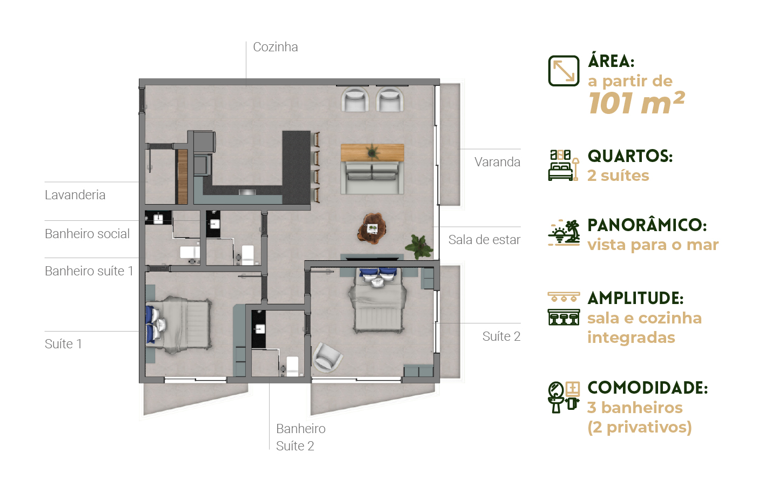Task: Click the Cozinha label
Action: (276, 47)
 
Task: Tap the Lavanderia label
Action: (75, 195)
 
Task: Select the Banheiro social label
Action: (87, 234)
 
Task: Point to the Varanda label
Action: (498, 162)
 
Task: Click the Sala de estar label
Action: (484, 240)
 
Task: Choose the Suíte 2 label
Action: (501, 336)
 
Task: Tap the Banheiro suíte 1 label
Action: (89, 271)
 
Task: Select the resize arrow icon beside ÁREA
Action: (564, 71)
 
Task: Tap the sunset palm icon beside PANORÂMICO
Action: (564, 233)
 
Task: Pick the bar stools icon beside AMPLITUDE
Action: (564, 309)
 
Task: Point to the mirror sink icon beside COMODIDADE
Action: (564, 397)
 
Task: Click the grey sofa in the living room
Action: (372, 178)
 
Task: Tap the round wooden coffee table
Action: (372, 228)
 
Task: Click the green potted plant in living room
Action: (419, 246)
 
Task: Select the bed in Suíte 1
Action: (178, 325)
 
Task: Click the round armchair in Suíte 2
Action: (327, 357)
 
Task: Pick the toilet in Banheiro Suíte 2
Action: (291, 366)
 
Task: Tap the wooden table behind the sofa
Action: (372, 153)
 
